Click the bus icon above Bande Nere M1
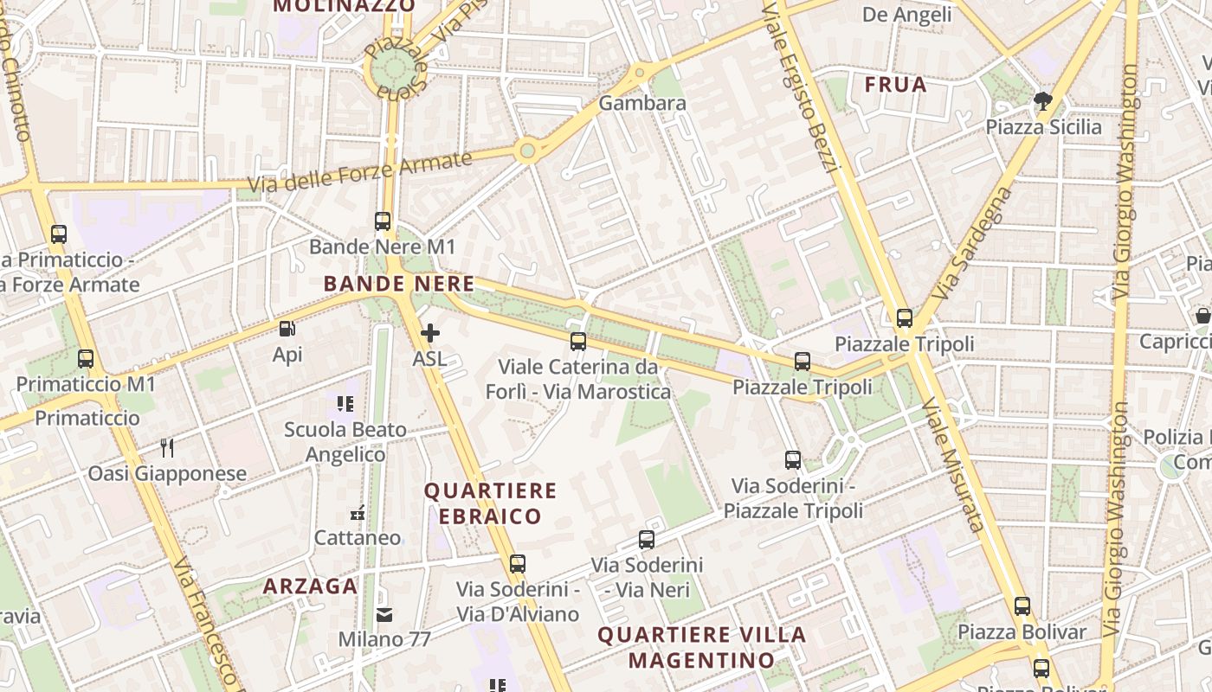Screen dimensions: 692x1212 pos(383,221)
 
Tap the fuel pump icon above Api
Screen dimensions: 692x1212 pos(287,329)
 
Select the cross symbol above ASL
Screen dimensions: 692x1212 pos(429,333)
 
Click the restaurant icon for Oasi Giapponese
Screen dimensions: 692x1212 pos(167,448)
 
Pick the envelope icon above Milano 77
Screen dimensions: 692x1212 pos(384,615)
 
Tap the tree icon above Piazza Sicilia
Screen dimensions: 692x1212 pos(1043,102)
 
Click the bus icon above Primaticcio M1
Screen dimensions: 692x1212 pos(85,358)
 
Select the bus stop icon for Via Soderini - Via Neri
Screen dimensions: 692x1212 pos(647,540)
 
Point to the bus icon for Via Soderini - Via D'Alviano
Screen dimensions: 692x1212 pos(518,564)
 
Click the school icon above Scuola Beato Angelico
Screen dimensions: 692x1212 pos(345,403)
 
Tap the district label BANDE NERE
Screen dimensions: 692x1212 pos(399,284)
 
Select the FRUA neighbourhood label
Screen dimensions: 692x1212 pos(896,85)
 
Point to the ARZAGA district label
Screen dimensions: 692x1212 pos(310,586)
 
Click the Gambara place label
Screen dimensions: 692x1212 pos(642,103)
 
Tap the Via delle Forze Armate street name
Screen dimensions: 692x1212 pos(359,173)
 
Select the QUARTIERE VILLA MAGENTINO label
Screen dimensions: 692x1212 pos(702,647)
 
